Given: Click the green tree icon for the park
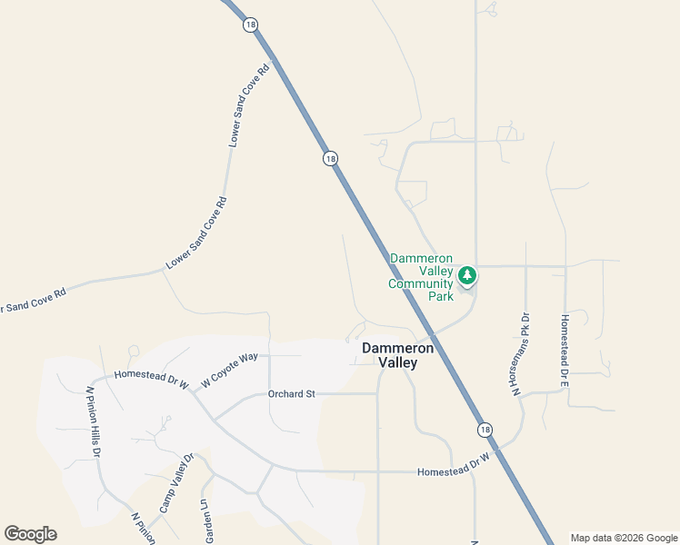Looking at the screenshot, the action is point(467,274).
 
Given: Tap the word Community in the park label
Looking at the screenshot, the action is point(420,283).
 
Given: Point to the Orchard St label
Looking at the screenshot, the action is point(291,394).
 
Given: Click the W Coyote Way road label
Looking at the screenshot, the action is point(229,369).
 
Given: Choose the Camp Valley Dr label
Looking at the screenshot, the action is point(178,482).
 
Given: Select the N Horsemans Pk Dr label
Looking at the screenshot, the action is point(519,354).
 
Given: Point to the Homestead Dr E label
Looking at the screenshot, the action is point(565,352).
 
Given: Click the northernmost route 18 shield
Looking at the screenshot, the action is point(250,25).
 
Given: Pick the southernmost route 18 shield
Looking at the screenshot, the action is point(485,429).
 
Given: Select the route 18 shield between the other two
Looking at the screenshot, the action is point(330,158).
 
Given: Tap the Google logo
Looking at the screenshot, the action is point(31,534).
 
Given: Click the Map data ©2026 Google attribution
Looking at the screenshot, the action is point(624,538).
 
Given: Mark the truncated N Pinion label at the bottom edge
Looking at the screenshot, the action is point(143,529).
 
